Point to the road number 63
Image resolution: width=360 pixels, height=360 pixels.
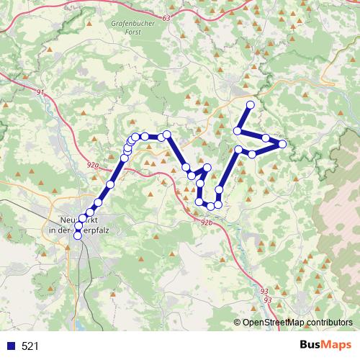pos(168,18)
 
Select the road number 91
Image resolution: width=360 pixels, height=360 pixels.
pos(40,92)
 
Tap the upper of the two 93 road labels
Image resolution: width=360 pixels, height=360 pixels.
pos(264,291)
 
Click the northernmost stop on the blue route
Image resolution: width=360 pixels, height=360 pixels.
pos(251,105)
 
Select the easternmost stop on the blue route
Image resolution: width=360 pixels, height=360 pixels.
pos(282,144)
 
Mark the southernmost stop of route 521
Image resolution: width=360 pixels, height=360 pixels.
pos(78,235)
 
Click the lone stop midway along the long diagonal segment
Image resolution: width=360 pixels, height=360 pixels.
pos(110,185)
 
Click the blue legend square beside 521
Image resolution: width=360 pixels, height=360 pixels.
pos(11,346)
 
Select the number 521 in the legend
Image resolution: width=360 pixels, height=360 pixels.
pos(30,346)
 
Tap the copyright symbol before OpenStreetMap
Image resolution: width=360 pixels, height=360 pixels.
pos(238,322)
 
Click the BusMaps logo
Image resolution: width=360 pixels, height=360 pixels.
pos(328,345)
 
